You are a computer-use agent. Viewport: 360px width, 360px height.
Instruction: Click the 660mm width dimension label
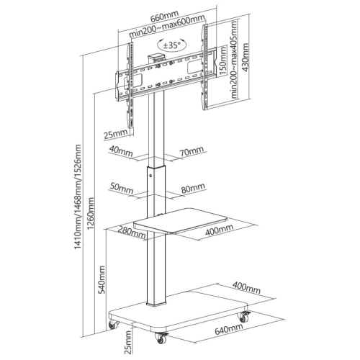tap(164, 16)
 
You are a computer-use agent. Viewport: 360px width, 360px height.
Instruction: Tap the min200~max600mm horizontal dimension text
tap(168, 26)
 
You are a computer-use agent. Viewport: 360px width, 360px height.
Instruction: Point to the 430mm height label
tap(246, 58)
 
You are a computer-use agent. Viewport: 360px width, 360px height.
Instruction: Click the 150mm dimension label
tap(223, 60)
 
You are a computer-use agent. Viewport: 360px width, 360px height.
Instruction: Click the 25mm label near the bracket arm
tap(115, 134)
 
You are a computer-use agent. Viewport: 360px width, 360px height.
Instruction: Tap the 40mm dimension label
tap(121, 150)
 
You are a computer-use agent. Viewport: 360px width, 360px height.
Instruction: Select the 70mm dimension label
tap(192, 151)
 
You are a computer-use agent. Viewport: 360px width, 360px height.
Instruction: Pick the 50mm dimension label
tap(122, 188)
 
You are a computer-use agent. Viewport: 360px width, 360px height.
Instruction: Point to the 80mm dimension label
tap(193, 188)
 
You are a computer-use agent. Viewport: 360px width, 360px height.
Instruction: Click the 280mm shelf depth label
tap(132, 232)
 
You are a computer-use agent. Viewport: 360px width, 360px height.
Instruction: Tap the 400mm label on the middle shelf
tap(219, 230)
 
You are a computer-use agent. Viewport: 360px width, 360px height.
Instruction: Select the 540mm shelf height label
tap(102, 279)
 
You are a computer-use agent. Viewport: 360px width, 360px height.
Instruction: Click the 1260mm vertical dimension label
tap(91, 213)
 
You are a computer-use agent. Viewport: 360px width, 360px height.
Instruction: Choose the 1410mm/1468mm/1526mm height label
tap(78, 197)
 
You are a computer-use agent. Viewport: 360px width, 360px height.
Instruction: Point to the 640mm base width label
tap(229, 328)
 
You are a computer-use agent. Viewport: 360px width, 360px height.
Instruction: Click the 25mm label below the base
tap(129, 342)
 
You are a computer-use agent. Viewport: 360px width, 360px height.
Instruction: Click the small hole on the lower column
tap(150, 176)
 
